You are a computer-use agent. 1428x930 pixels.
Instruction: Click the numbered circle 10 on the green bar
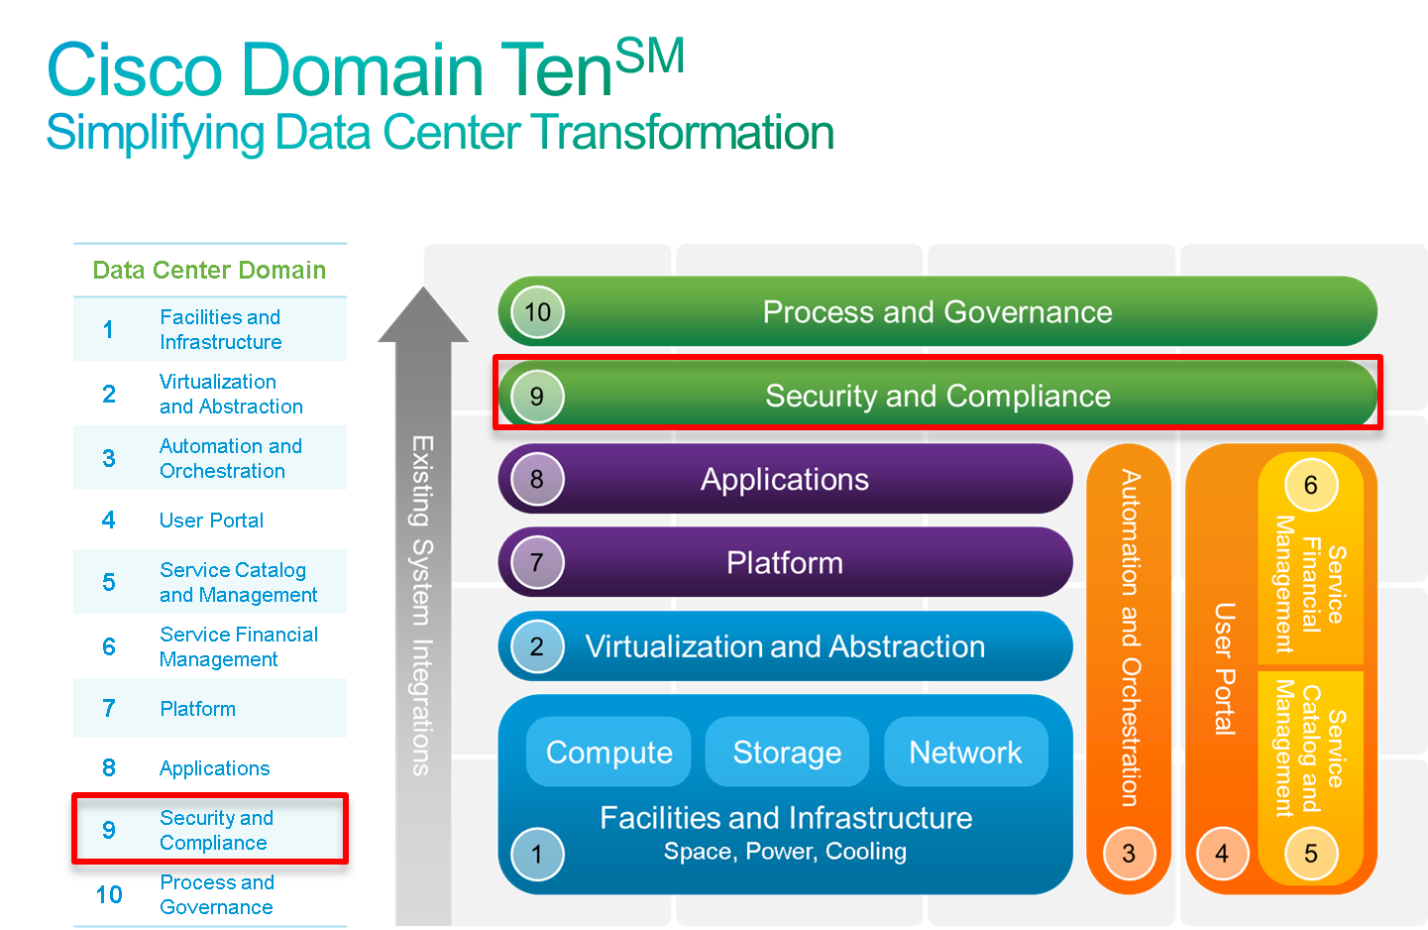[537, 312]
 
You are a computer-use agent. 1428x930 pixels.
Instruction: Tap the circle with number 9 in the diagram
[537, 397]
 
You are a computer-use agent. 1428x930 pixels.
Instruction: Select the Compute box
[608, 753]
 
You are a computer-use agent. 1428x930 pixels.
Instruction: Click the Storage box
[787, 753]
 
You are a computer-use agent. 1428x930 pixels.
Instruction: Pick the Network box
[965, 753]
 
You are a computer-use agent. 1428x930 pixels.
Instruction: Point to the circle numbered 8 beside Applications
[537, 480]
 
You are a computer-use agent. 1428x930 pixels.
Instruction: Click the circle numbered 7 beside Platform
[537, 563]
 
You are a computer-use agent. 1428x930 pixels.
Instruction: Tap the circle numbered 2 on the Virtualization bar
[537, 646]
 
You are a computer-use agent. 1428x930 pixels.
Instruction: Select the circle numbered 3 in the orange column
[1129, 854]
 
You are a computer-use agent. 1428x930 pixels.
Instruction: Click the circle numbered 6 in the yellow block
[1311, 485]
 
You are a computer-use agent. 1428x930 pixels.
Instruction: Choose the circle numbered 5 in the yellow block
[1311, 854]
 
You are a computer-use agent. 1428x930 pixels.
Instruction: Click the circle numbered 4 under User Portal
[1222, 854]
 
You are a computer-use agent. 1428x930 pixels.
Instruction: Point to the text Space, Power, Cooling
[785, 852]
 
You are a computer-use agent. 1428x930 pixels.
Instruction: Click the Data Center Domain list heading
[209, 270]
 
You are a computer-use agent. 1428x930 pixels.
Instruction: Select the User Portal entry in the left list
[211, 521]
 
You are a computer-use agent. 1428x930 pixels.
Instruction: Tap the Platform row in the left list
[210, 709]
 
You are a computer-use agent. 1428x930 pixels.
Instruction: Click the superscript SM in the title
[650, 56]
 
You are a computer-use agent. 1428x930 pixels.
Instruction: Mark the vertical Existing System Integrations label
[422, 605]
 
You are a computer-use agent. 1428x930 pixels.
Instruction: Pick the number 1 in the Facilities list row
[108, 329]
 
